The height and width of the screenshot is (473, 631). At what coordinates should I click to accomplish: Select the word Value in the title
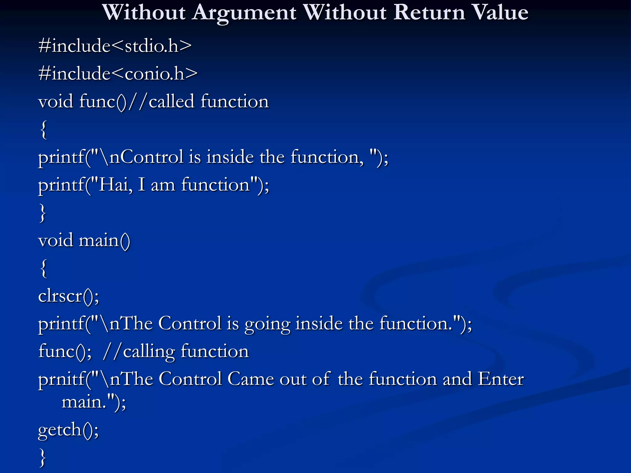coord(500,13)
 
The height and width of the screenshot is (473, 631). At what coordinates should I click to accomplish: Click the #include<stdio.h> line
coord(115,46)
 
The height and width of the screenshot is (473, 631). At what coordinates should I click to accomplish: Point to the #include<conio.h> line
coord(118,74)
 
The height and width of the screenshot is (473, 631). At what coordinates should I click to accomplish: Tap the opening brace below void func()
coord(43,130)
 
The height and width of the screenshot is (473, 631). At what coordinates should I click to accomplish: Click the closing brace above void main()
coord(43,213)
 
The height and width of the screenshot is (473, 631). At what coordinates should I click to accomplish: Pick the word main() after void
coord(104,241)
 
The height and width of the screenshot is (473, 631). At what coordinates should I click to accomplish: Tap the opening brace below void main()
coord(43,268)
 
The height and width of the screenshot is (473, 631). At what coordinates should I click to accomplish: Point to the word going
coord(267,324)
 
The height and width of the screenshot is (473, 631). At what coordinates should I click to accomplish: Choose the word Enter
coord(500,379)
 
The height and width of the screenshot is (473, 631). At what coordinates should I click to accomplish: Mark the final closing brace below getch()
coord(43,458)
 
